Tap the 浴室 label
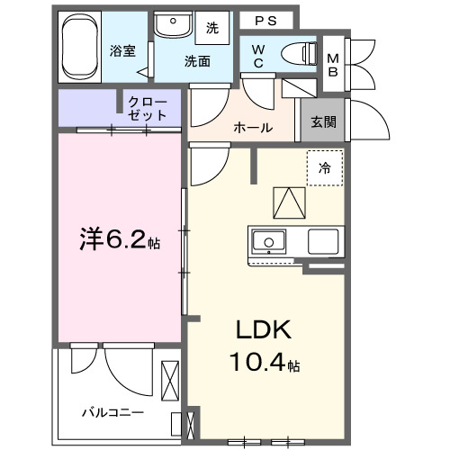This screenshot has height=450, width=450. (x=122, y=51)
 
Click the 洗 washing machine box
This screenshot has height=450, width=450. (x=212, y=28)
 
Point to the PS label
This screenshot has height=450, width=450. (x=264, y=20)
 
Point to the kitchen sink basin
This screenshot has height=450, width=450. (x=268, y=241)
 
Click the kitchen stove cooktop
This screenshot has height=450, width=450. (x=322, y=241)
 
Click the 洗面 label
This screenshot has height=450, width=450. (x=197, y=61)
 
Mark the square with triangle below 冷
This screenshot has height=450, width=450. (x=287, y=202)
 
